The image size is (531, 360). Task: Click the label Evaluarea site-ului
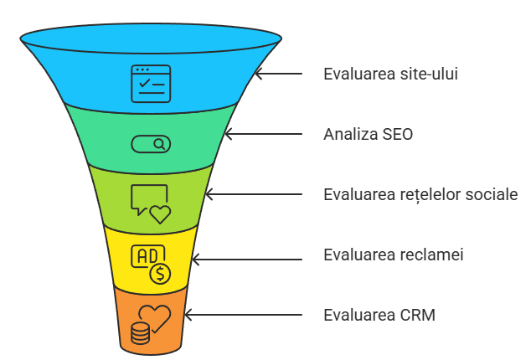[x=390, y=74]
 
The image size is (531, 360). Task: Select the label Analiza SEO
[x=368, y=134]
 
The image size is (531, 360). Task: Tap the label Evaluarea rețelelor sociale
[x=420, y=195]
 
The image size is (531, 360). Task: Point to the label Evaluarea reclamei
[x=394, y=255]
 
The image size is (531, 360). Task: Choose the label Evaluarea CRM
[x=379, y=316]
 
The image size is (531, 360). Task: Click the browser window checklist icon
[x=150, y=84]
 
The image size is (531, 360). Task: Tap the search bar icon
[x=151, y=144]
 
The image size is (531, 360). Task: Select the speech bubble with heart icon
[x=150, y=203]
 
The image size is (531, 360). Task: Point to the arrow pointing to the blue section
[x=278, y=74]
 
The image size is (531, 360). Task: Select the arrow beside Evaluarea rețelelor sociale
[x=254, y=195]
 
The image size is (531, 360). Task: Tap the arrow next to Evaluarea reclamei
[x=243, y=255]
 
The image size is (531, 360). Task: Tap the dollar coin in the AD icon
[x=160, y=273]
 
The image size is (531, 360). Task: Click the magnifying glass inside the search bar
[x=159, y=144]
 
